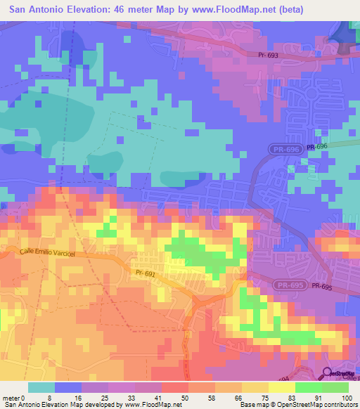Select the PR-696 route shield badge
(285, 149)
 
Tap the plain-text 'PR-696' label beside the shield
(316, 146)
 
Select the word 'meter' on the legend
(9, 398)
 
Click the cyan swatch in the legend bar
(41, 387)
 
